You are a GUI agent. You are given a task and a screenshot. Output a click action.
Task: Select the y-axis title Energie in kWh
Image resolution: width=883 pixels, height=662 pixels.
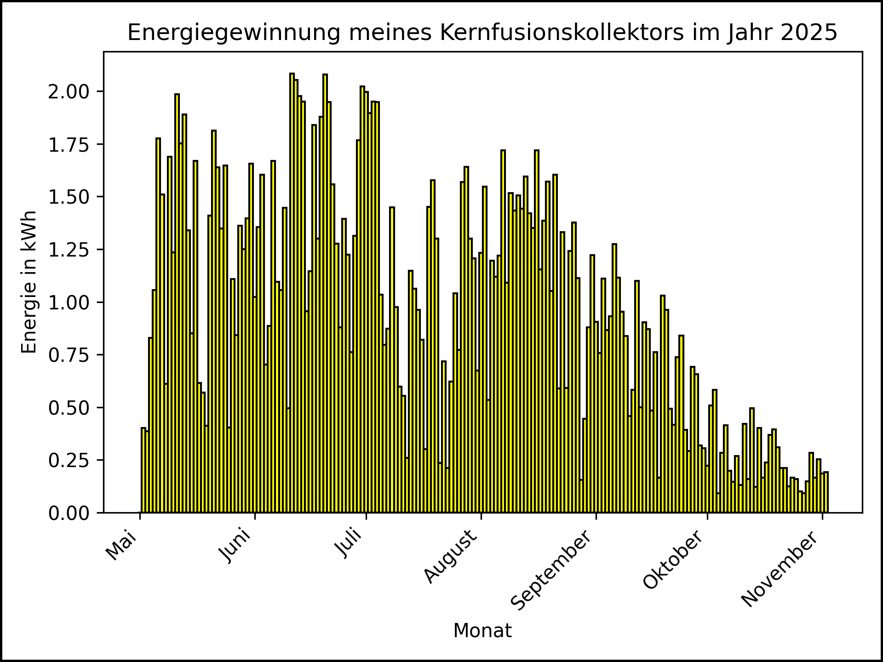point(29,282)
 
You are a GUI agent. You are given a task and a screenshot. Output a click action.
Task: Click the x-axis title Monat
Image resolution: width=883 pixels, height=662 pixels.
point(482,631)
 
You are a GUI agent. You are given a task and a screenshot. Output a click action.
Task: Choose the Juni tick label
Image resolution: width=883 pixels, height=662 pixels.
point(236,546)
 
